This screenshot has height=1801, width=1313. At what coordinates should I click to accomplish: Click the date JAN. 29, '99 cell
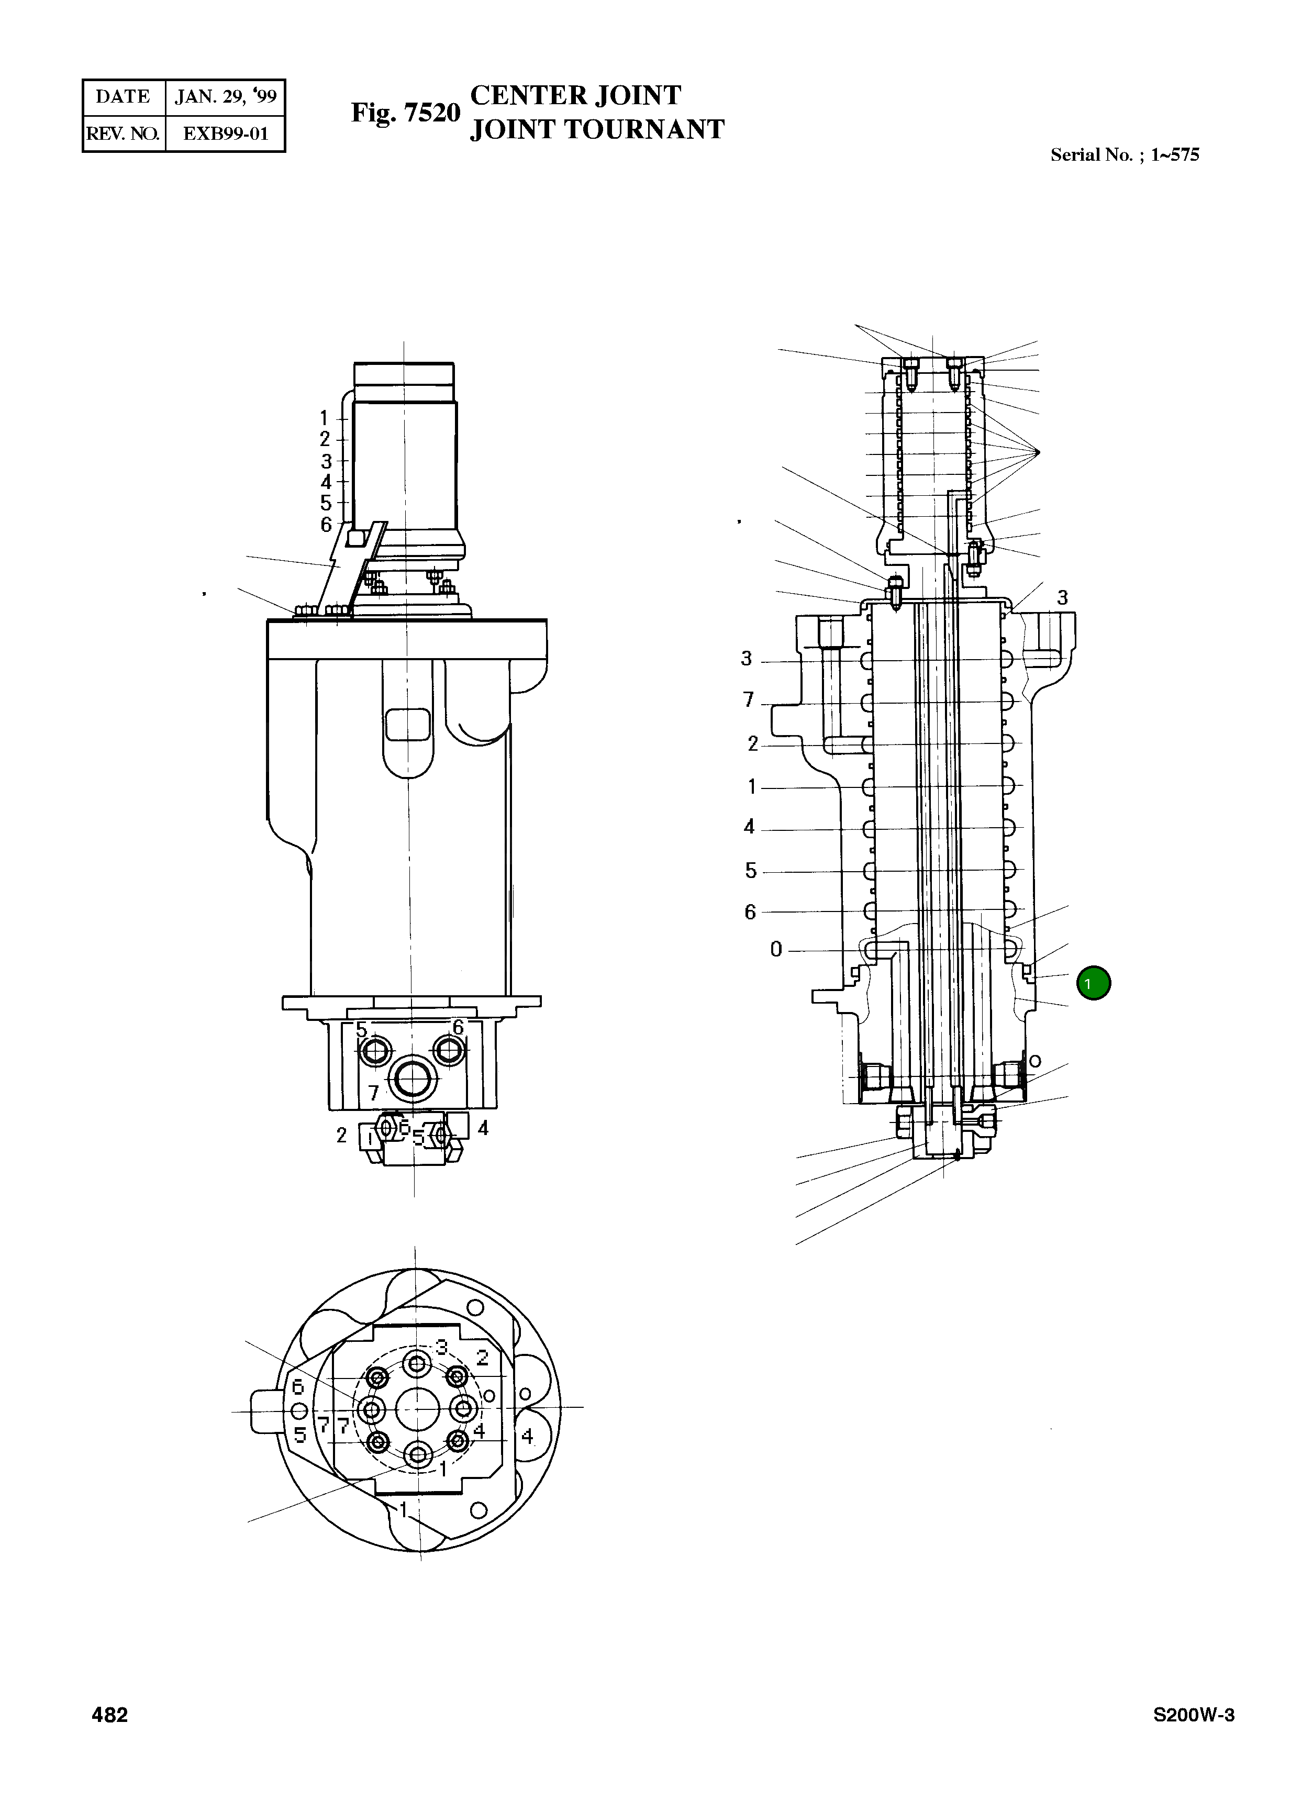point(225,97)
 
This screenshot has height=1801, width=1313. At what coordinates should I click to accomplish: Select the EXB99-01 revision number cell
point(225,134)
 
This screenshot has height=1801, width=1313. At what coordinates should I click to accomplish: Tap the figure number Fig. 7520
point(405,113)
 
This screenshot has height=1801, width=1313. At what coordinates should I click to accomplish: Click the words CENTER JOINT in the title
point(575,95)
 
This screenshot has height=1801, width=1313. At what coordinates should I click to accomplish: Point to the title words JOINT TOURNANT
point(596,129)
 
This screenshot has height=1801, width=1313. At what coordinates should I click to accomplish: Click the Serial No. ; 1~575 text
point(1124,155)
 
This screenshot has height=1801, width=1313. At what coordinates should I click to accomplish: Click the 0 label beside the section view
point(776,949)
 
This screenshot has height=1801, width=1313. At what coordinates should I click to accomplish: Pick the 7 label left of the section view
point(748,699)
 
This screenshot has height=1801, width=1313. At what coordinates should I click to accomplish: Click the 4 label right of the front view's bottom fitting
point(483,1127)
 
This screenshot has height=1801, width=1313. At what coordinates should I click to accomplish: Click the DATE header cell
point(123,97)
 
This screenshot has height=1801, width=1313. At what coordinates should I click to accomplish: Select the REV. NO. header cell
point(123,134)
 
